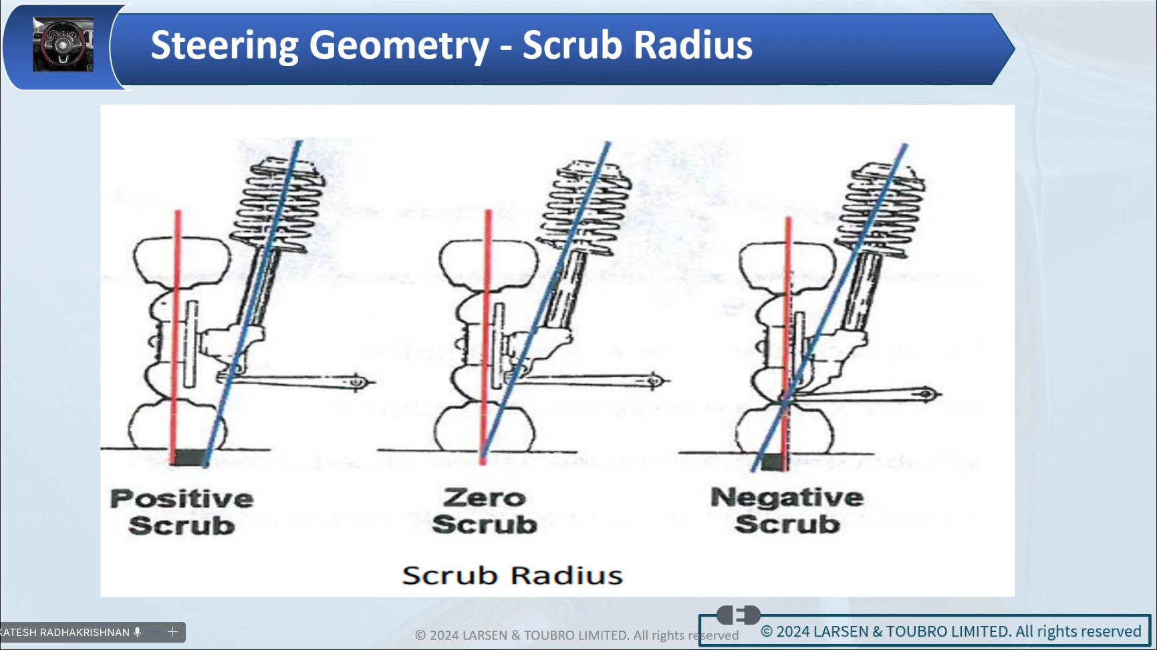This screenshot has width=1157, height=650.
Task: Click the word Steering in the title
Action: click(225, 45)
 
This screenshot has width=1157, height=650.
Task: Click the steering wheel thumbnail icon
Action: click(63, 45)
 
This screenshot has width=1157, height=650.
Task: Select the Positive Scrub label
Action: click(182, 512)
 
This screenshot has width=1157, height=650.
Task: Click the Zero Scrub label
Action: click(485, 511)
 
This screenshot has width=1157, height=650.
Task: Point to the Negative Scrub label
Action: click(787, 510)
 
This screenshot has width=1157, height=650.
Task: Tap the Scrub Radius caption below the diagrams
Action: click(512, 576)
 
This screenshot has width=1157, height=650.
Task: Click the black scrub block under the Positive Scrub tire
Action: click(188, 458)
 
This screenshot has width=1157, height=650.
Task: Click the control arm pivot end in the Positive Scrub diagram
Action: click(358, 382)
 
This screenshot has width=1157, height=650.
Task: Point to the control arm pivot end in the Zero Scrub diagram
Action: click(654, 381)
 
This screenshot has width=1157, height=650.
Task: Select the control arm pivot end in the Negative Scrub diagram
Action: click(926, 394)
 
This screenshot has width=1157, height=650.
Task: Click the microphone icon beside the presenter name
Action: click(137, 632)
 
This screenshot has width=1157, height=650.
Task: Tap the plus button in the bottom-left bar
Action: click(172, 632)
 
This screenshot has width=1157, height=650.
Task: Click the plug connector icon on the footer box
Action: click(738, 614)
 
